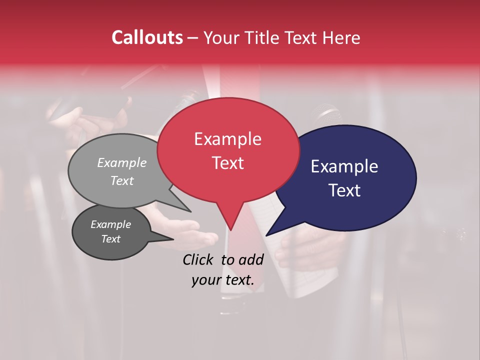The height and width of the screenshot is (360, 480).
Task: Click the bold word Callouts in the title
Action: point(147,37)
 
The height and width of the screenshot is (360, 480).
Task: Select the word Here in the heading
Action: point(342,37)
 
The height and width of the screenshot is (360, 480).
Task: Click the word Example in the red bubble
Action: point(227,139)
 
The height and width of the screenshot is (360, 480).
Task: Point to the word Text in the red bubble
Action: point(227,162)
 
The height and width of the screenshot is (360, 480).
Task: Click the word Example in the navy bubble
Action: point(344,166)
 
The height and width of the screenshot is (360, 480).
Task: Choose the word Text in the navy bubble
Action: point(344,190)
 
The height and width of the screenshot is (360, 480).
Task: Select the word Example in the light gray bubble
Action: point(122,162)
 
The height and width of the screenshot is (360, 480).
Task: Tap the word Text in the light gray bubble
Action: point(122,180)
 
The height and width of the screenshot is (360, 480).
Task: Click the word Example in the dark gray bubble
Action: point(110,224)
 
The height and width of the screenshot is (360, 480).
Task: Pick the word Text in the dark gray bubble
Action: point(110,238)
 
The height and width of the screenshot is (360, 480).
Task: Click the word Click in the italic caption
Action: point(198,259)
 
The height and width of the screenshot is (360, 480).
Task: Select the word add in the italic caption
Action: point(251,259)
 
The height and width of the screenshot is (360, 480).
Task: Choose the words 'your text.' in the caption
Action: point(223,280)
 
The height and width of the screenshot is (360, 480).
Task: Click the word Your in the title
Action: point(221,37)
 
